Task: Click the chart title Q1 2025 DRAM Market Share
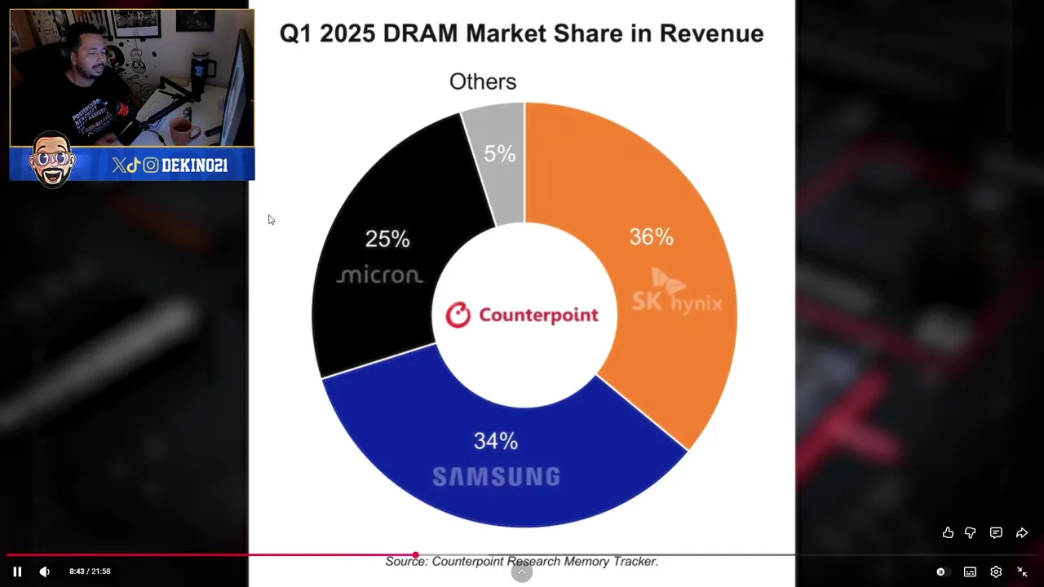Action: (521, 33)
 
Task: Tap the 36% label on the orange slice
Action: (651, 237)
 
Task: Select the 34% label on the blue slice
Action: (496, 441)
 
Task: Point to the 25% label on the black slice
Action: (387, 239)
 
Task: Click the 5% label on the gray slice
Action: (499, 153)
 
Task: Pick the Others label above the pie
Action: (483, 82)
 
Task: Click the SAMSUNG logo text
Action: (496, 477)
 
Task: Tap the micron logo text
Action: (380, 276)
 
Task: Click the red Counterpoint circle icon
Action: (458, 315)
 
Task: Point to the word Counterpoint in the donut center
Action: (538, 316)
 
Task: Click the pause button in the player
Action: (17, 572)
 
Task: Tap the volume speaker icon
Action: (44, 572)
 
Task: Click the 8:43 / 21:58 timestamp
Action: (90, 572)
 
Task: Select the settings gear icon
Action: (996, 572)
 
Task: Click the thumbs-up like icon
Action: (948, 532)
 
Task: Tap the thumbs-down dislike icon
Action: (971, 532)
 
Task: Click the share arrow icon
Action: (1021, 532)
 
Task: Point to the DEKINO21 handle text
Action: (194, 166)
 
